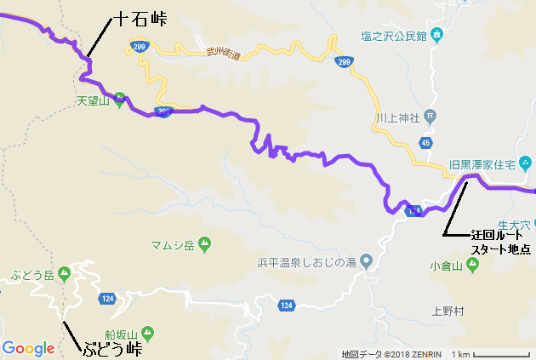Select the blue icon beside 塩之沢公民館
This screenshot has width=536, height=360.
click(x=436, y=35)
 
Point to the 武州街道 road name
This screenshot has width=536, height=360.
click(x=224, y=54)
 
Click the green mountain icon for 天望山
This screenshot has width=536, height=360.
click(x=121, y=97)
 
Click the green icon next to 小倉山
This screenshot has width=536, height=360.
click(x=473, y=264)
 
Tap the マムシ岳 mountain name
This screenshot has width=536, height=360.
click(x=173, y=245)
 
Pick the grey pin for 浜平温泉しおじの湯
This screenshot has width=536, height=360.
click(x=366, y=260)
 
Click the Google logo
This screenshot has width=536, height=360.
click(x=28, y=347)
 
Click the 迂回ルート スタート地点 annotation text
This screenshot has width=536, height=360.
click(x=500, y=242)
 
